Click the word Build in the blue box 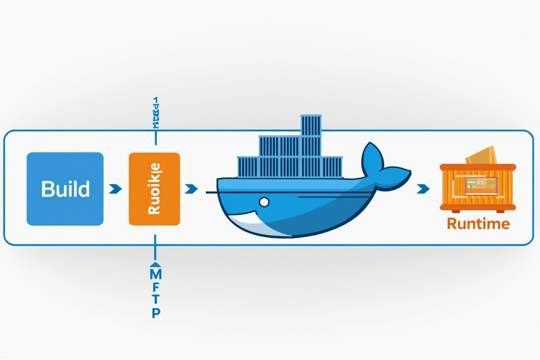coord(65,189)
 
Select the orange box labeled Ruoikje coord(154,189)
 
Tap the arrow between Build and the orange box coord(116,189)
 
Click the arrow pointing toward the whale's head coord(191,189)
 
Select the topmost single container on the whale coord(310,126)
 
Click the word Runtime coord(478,224)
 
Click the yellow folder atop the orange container coord(481,155)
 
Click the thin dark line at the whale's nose coord(211,193)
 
